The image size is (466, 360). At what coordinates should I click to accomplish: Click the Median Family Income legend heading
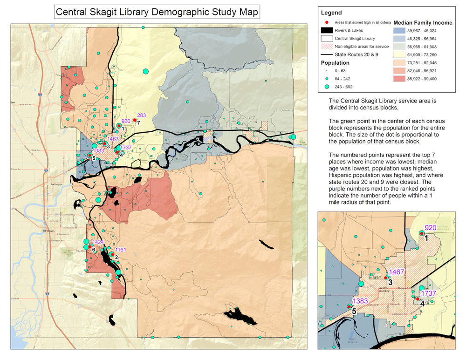pos(423,22)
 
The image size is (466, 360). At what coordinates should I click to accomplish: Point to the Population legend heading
pos(335,62)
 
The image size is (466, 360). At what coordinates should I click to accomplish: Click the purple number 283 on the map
pos(142,115)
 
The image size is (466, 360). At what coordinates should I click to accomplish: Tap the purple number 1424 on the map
pos(98,242)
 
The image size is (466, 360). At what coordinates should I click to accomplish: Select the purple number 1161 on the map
pos(121,250)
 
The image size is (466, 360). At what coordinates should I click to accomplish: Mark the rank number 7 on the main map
pos(139,123)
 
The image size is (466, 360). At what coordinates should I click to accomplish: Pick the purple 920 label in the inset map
pos(431,228)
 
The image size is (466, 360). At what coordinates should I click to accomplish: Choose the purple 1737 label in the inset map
pos(428,293)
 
